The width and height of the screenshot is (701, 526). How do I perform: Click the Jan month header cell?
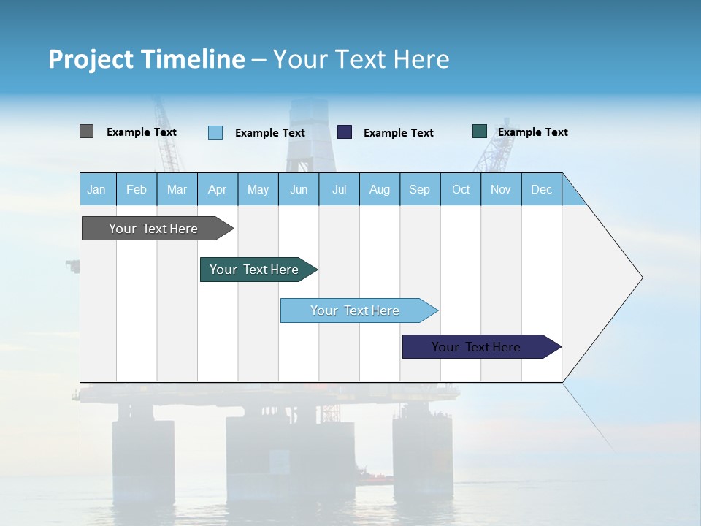tap(97, 189)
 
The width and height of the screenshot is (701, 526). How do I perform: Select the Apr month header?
tap(218, 189)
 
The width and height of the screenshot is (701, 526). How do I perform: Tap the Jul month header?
tap(339, 189)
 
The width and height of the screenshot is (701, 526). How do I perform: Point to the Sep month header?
tap(420, 189)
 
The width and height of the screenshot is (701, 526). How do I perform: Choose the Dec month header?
tap(541, 189)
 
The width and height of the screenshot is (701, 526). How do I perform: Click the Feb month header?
tap(137, 189)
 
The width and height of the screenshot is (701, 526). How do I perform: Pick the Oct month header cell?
tap(461, 189)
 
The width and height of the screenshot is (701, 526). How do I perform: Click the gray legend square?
tap(87, 131)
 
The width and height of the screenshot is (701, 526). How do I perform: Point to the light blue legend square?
tap(215, 132)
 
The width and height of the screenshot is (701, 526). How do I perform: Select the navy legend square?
tap(345, 132)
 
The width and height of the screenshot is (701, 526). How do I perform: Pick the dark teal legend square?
tap(480, 131)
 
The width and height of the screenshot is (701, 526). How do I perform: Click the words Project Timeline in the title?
tap(147, 59)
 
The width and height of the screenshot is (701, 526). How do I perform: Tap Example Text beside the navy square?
tap(398, 133)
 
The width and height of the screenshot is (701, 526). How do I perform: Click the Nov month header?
tap(501, 189)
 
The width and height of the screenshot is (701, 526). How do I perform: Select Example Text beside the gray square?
tap(142, 132)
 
